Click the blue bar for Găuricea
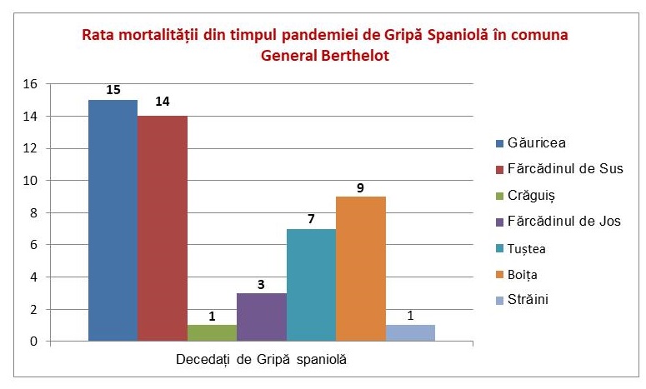(x=113, y=221)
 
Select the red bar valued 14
(x=163, y=229)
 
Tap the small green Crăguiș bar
(x=212, y=333)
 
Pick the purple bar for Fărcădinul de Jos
(x=262, y=317)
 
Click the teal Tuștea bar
(x=311, y=285)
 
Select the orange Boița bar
(x=361, y=269)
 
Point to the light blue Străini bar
(x=410, y=333)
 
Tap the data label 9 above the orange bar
(x=361, y=187)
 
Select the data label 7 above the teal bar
(x=311, y=219)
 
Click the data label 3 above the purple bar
(x=262, y=284)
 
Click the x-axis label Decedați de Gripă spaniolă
(x=261, y=360)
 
